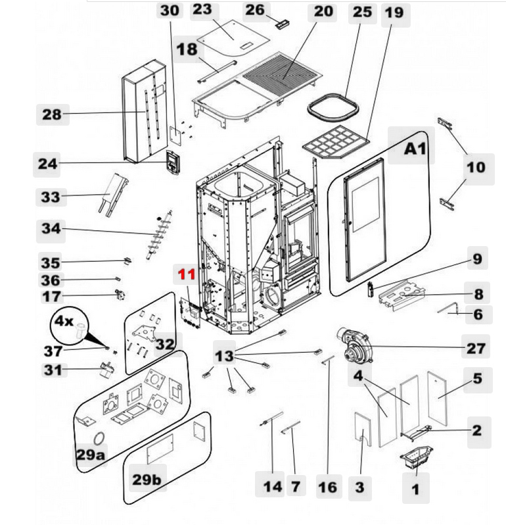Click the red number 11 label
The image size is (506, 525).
pos(187,275)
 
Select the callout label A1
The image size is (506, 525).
pos(415,149)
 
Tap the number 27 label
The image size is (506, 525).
pos(476,347)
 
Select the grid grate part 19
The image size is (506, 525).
pos(335,141)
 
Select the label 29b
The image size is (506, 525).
pos(146,480)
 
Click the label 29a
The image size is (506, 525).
pos(90,455)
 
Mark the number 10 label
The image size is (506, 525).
pos(475,167)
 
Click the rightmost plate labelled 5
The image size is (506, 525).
pos(437,399)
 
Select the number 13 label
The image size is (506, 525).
pos(225,356)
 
